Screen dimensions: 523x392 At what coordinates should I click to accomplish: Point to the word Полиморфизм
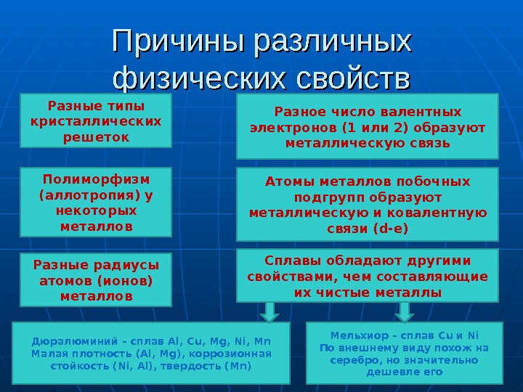95,179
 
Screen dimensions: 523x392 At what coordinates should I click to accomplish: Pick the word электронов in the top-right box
288,128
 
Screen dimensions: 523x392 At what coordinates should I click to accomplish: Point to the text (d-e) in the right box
389,229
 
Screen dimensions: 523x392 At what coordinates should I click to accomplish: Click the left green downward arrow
269,311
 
